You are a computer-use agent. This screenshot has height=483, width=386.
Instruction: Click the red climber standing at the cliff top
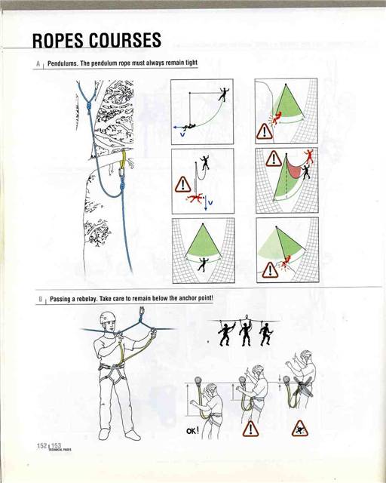click(308, 156)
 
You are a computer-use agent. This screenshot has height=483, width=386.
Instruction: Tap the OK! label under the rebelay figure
click(194, 432)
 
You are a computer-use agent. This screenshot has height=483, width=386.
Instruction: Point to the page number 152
click(41, 446)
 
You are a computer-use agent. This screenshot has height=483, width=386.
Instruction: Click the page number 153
click(55, 447)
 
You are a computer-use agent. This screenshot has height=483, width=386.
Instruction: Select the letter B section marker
click(38, 300)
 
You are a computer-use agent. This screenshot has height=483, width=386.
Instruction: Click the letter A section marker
click(38, 66)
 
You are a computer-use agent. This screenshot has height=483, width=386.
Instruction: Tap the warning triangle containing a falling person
click(299, 428)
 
